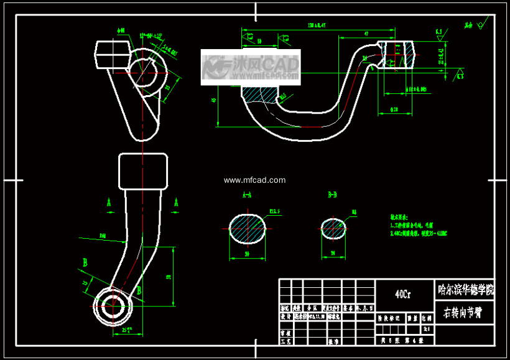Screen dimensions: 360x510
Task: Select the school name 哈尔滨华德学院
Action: pyautogui.click(x=466, y=289)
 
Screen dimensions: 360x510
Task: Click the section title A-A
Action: pyautogui.click(x=246, y=195)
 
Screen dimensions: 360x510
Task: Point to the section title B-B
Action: pyautogui.click(x=332, y=195)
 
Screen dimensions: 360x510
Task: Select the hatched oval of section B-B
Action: pyautogui.click(x=334, y=228)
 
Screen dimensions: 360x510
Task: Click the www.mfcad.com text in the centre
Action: pyautogui.click(x=254, y=180)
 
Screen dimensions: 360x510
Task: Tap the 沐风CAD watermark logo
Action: pyautogui.click(x=251, y=66)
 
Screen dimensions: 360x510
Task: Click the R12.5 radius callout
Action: pyautogui.click(x=274, y=211)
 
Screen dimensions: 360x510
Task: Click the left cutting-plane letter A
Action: pyautogui.click(x=109, y=203)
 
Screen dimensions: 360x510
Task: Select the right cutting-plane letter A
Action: pyautogui.click(x=176, y=203)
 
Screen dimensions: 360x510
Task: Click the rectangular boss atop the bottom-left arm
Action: pyautogui.click(x=144, y=172)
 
